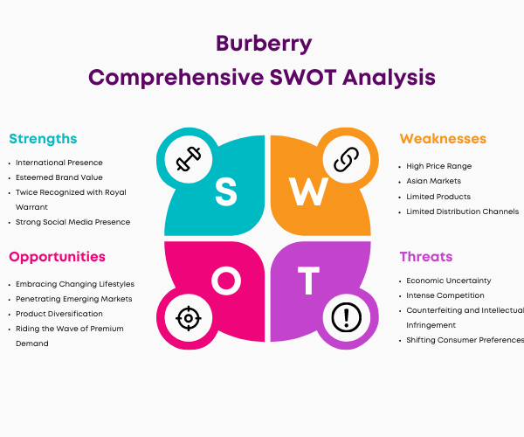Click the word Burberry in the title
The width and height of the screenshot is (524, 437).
pos(264,44)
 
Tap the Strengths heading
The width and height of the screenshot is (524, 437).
pos(43,139)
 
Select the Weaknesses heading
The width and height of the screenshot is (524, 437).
pos(443,138)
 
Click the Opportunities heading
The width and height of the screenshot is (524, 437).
pos(57,257)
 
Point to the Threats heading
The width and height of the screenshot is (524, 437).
pos(426,256)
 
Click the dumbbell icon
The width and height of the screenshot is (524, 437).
pos(189,159)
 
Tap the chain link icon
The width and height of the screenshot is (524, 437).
pos(347,159)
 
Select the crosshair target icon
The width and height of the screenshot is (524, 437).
pos(189,318)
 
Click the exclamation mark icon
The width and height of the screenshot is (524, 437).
pos(347,317)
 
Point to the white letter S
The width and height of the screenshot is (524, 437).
pos(226,191)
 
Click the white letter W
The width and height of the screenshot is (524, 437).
pos(308,191)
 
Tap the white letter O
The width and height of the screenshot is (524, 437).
pos(226,281)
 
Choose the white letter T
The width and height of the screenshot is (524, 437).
pos(308,281)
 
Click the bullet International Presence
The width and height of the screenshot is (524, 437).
pos(59,163)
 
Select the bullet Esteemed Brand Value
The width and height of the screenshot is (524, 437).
pos(59,177)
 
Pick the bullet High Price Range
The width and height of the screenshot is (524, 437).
pos(438,166)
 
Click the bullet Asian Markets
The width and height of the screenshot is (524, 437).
pos(433,181)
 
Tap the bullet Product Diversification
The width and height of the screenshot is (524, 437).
pos(59,314)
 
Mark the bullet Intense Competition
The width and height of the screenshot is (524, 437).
pos(445,295)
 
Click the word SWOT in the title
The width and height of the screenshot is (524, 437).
pos(303,78)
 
